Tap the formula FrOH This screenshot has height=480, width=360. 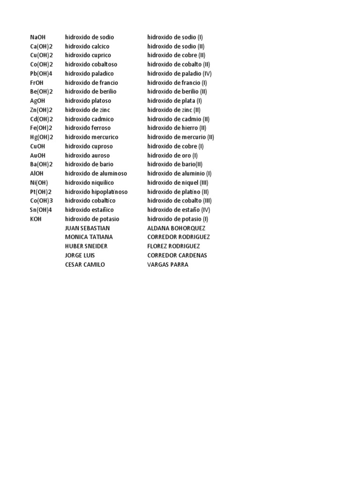(37, 82)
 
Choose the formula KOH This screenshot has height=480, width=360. (36, 219)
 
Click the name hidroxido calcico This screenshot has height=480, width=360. (87, 46)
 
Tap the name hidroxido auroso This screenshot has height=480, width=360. (88, 155)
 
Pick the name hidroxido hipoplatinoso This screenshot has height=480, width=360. (96, 192)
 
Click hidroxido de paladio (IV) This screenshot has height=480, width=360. (180, 74)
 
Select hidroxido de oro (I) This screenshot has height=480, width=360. (172, 155)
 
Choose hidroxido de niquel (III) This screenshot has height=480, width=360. (178, 183)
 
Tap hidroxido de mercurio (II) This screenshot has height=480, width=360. (180, 137)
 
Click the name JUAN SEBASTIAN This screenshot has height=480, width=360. (88, 228)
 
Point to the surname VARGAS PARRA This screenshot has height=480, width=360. (168, 265)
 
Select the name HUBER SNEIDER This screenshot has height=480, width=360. (86, 247)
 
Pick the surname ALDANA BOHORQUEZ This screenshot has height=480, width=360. (176, 228)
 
